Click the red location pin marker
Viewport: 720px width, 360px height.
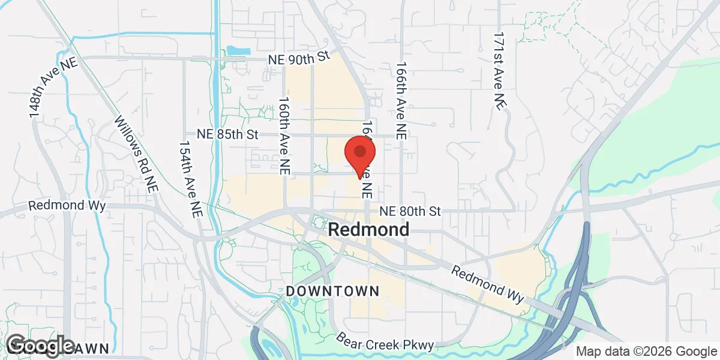[359, 154]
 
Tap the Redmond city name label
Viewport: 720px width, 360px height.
[369, 230]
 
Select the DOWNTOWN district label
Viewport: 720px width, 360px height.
[332, 291]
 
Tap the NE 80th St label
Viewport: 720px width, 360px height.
[411, 211]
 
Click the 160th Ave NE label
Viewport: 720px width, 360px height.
[284, 136]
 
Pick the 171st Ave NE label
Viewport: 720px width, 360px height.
[497, 71]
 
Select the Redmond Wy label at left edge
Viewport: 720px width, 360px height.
[67, 206]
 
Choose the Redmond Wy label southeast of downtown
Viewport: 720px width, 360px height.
[487, 284]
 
